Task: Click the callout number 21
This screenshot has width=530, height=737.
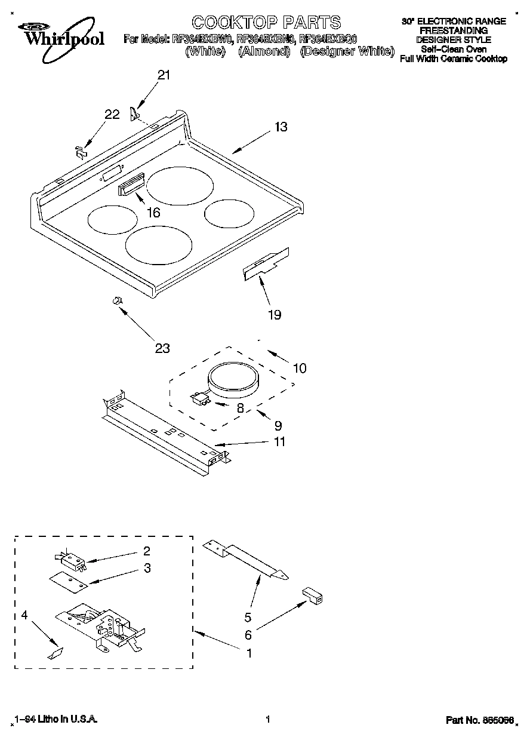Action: [163, 75]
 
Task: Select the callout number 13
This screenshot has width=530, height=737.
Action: [281, 127]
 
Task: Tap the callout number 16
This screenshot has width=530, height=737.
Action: [153, 212]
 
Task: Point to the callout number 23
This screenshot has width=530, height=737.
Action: [162, 348]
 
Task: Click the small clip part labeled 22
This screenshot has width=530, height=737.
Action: [81, 152]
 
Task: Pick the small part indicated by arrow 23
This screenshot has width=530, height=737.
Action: [118, 300]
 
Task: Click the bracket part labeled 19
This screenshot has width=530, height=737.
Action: [266, 263]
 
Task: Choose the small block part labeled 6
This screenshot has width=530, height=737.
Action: [312, 595]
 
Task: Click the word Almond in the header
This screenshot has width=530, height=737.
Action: [264, 51]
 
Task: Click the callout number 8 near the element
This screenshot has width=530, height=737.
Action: [241, 409]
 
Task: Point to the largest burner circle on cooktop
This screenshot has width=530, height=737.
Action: [181, 187]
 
